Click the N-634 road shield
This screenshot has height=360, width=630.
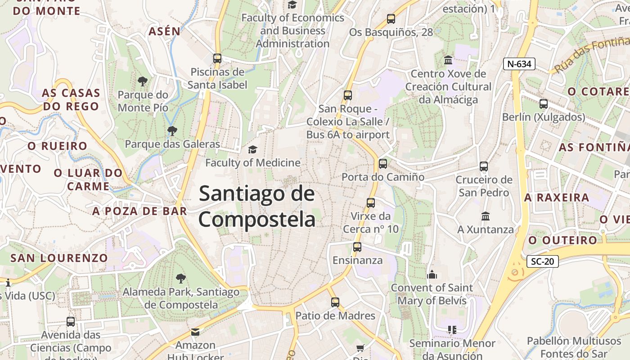click(519, 64)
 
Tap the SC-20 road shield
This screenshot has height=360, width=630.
click(542, 261)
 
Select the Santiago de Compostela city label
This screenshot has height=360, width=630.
click(257, 207)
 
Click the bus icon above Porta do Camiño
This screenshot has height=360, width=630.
click(383, 164)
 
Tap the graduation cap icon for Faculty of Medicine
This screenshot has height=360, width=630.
click(253, 149)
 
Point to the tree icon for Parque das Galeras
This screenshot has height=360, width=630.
click(171, 131)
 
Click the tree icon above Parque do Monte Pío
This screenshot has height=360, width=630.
click(143, 81)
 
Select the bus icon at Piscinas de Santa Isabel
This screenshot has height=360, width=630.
click(217, 58)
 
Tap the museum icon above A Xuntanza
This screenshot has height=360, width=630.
click(486, 216)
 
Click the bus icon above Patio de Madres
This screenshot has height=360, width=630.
click(335, 302)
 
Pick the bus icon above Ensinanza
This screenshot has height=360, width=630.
click(357, 247)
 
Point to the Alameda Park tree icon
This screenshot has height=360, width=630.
click(180, 279)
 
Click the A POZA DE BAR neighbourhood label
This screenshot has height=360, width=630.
click(139, 211)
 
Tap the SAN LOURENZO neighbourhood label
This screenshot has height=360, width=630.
click(59, 258)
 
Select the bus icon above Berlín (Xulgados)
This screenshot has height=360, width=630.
click(544, 104)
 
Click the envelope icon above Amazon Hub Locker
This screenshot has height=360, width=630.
click(195, 332)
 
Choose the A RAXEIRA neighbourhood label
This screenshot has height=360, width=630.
click(557, 198)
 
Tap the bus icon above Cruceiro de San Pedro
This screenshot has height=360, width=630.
click(484, 166)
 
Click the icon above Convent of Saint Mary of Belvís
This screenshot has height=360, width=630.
click(432, 274)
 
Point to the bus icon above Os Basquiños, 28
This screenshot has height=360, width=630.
click(391, 19)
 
